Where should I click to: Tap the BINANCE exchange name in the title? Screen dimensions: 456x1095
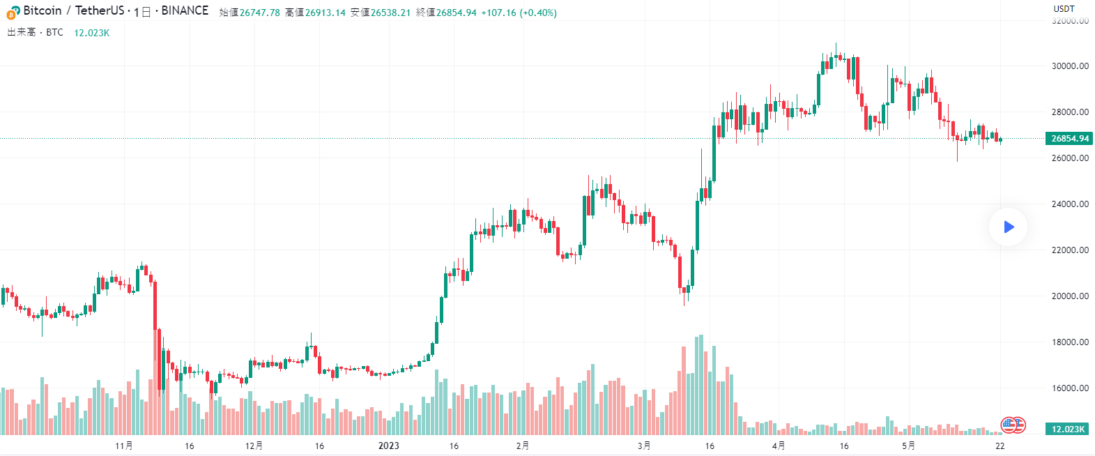tap(185, 10)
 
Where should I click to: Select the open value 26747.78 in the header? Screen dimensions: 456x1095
tap(260, 13)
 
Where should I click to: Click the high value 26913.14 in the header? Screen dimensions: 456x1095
tap(326, 13)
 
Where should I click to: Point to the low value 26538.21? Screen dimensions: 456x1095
tap(390, 13)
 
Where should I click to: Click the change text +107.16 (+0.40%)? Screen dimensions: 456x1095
tap(519, 13)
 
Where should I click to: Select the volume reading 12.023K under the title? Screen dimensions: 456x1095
tap(92, 33)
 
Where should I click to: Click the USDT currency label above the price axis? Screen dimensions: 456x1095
tap(1064, 8)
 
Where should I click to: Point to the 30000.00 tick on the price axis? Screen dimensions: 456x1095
tap(1070, 66)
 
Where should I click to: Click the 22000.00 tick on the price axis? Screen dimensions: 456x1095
tap(1070, 250)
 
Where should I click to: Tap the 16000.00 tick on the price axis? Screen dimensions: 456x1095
tap(1070, 388)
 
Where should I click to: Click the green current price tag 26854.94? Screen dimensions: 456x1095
tap(1069, 138)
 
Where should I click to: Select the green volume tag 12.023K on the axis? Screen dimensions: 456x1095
tap(1068, 429)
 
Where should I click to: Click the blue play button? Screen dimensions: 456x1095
tap(1008, 227)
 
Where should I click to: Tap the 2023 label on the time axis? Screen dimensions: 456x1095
tap(388, 446)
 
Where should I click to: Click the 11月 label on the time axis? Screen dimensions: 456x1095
tap(124, 446)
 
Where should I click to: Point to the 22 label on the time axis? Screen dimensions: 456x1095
tap(1000, 446)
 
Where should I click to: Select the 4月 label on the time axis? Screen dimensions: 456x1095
tap(779, 446)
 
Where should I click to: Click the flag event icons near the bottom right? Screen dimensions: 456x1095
tap(1013, 424)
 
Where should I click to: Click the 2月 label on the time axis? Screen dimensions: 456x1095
tap(523, 446)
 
